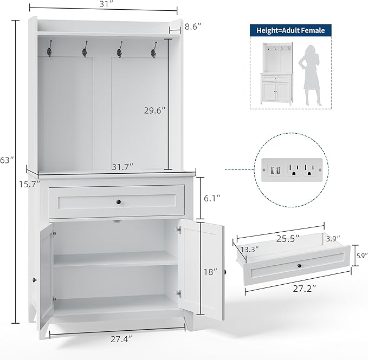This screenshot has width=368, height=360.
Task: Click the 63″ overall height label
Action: pos(7,160)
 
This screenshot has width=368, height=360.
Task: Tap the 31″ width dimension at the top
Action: pos(106,4)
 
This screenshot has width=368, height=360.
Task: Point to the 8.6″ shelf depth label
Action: pos(193,27)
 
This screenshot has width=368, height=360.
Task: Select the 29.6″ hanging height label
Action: pos(154,110)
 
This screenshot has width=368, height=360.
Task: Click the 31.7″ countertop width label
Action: pos(122,167)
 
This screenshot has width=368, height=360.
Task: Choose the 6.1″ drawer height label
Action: pos(212,198)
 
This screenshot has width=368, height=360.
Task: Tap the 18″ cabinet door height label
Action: pos(210,272)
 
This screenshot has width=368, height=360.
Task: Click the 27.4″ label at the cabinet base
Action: pos(121,339)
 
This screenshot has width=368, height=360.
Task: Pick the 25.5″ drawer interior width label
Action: pos(288,239)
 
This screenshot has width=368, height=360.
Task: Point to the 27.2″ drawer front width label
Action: pos(305,289)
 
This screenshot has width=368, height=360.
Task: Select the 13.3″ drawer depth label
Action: pos(250,250)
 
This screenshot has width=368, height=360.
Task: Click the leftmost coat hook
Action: pos(49,49)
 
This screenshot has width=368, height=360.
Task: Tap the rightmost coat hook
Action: pos(154,50)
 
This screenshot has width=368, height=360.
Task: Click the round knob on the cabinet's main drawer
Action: pos(119,202)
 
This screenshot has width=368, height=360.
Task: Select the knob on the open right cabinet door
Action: pos(225,272)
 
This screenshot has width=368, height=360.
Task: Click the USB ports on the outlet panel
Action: pos(275,169)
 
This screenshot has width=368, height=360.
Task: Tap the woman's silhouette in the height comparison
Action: pos(309,75)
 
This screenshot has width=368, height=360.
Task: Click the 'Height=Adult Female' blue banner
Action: pos(290,30)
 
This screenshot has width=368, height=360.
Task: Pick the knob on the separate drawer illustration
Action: pos(300,266)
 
